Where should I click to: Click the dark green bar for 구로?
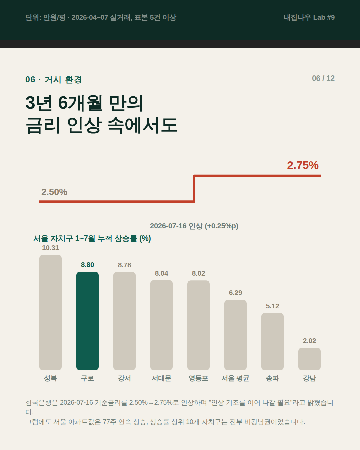(x=87, y=321)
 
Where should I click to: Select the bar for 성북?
(x=50, y=312)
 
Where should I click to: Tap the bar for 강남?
(x=309, y=359)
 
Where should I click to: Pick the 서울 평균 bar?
(x=235, y=335)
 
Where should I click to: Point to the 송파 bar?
(x=272, y=341)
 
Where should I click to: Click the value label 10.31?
(x=50, y=248)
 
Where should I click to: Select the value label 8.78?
(x=124, y=265)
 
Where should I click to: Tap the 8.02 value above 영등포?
(x=199, y=273)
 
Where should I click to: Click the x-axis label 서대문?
(x=161, y=378)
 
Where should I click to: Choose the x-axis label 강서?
(x=124, y=378)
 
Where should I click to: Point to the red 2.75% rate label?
(x=303, y=165)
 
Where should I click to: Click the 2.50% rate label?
(x=54, y=192)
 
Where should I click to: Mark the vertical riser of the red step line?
(x=194, y=189)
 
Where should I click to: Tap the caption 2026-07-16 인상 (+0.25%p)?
(x=194, y=226)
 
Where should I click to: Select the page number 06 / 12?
(x=323, y=78)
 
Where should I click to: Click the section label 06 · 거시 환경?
(x=54, y=79)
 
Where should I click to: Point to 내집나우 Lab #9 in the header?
(x=309, y=17)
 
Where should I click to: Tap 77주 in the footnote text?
(x=109, y=422)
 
